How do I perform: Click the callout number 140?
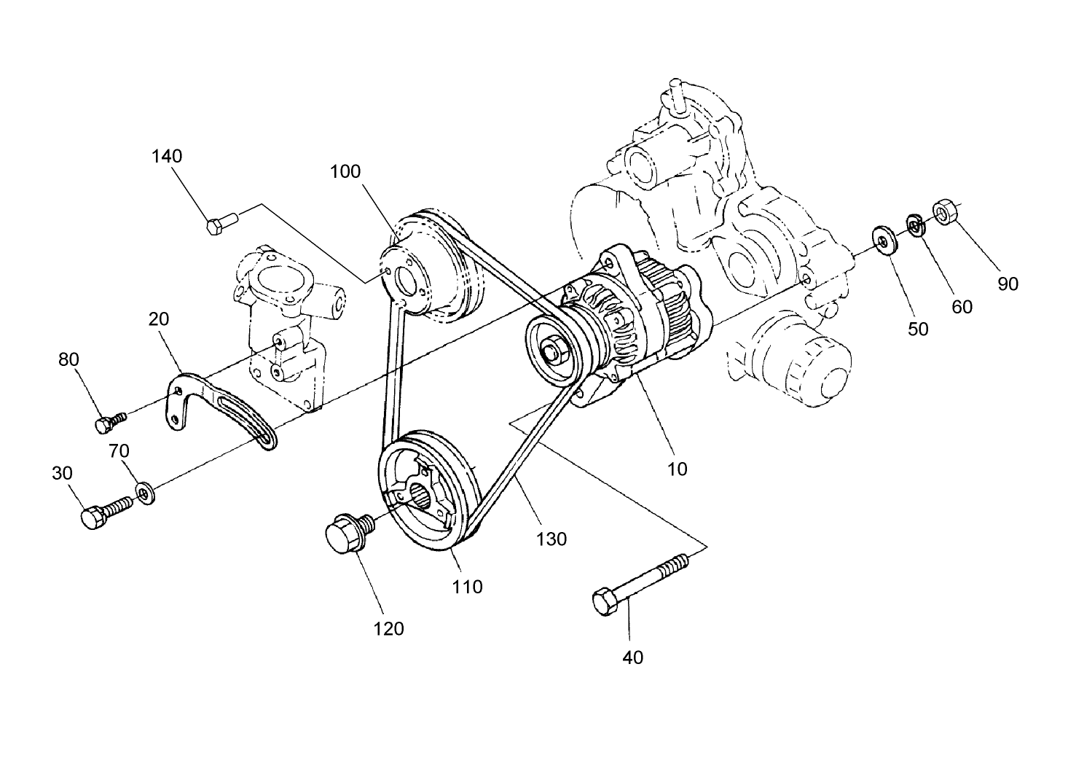coord(167,156)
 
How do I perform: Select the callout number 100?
coord(345,171)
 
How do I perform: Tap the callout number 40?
coord(632,657)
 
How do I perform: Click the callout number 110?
coord(467,586)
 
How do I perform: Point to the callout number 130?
coord(551,539)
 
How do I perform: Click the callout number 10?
coord(678,469)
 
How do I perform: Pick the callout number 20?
coord(159,319)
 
